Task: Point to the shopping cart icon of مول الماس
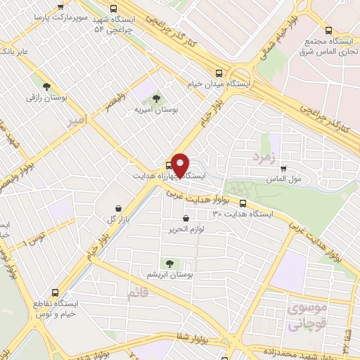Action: (283, 169)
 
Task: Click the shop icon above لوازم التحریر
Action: (186, 218)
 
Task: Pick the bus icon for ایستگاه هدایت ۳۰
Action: (243, 205)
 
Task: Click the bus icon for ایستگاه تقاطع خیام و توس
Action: (58, 292)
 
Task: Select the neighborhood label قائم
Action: (137, 291)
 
